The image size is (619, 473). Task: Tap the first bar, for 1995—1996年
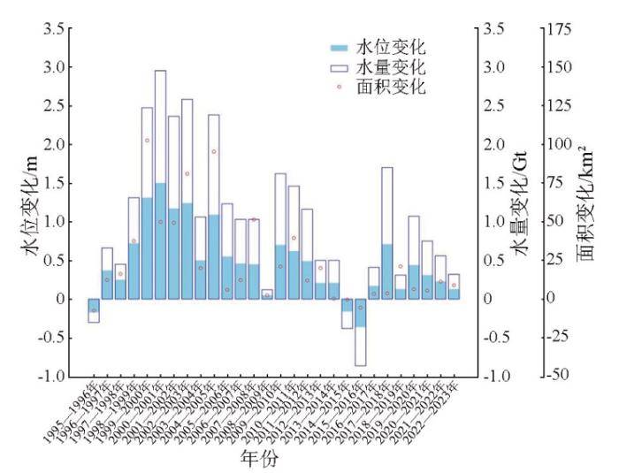point(94,310)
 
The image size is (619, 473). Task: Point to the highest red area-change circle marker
point(147,141)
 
